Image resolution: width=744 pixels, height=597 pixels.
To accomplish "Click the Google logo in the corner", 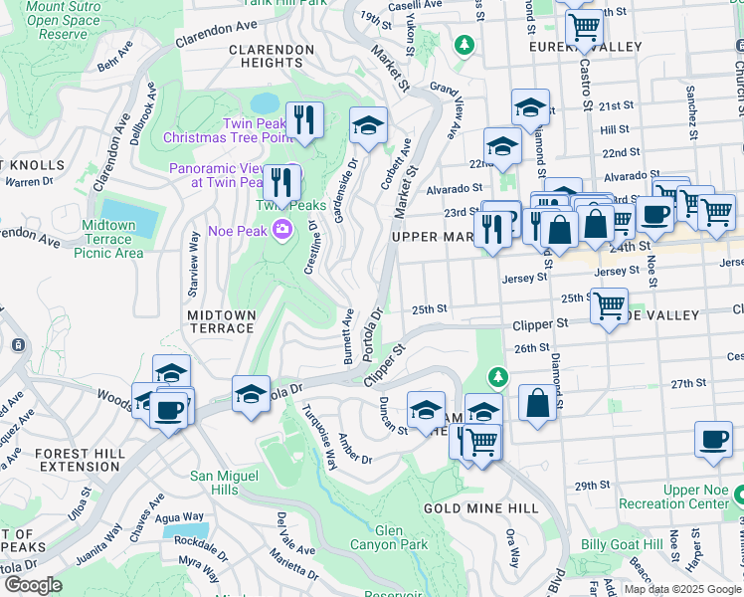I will pos(32,584).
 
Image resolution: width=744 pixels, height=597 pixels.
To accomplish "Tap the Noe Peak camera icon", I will pos(282,231).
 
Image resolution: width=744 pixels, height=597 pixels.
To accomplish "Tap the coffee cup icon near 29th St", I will pos(712,441).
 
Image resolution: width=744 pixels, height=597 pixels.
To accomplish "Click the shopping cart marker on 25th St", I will pos(609,305).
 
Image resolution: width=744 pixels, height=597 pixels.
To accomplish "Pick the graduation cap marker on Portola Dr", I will pos(251,393).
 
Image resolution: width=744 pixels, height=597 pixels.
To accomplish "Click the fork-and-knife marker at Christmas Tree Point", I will pos(305,120).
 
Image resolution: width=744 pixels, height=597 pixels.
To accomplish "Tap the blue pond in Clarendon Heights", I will pos(265,103).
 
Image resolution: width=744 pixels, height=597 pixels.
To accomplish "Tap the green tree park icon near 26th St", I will pos(498,377).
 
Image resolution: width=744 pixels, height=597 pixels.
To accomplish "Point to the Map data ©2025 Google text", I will pos(682,589).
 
